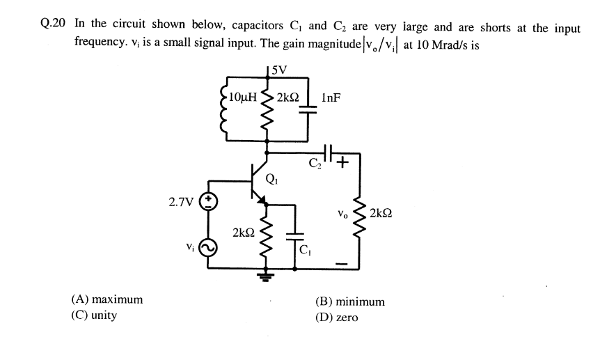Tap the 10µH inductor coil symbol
[x=224, y=111]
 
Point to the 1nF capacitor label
[x=331, y=97]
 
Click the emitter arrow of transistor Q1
[x=262, y=200]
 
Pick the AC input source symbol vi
[x=208, y=246]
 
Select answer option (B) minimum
[x=349, y=302]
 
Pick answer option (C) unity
[x=94, y=315]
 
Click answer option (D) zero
[x=337, y=318]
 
